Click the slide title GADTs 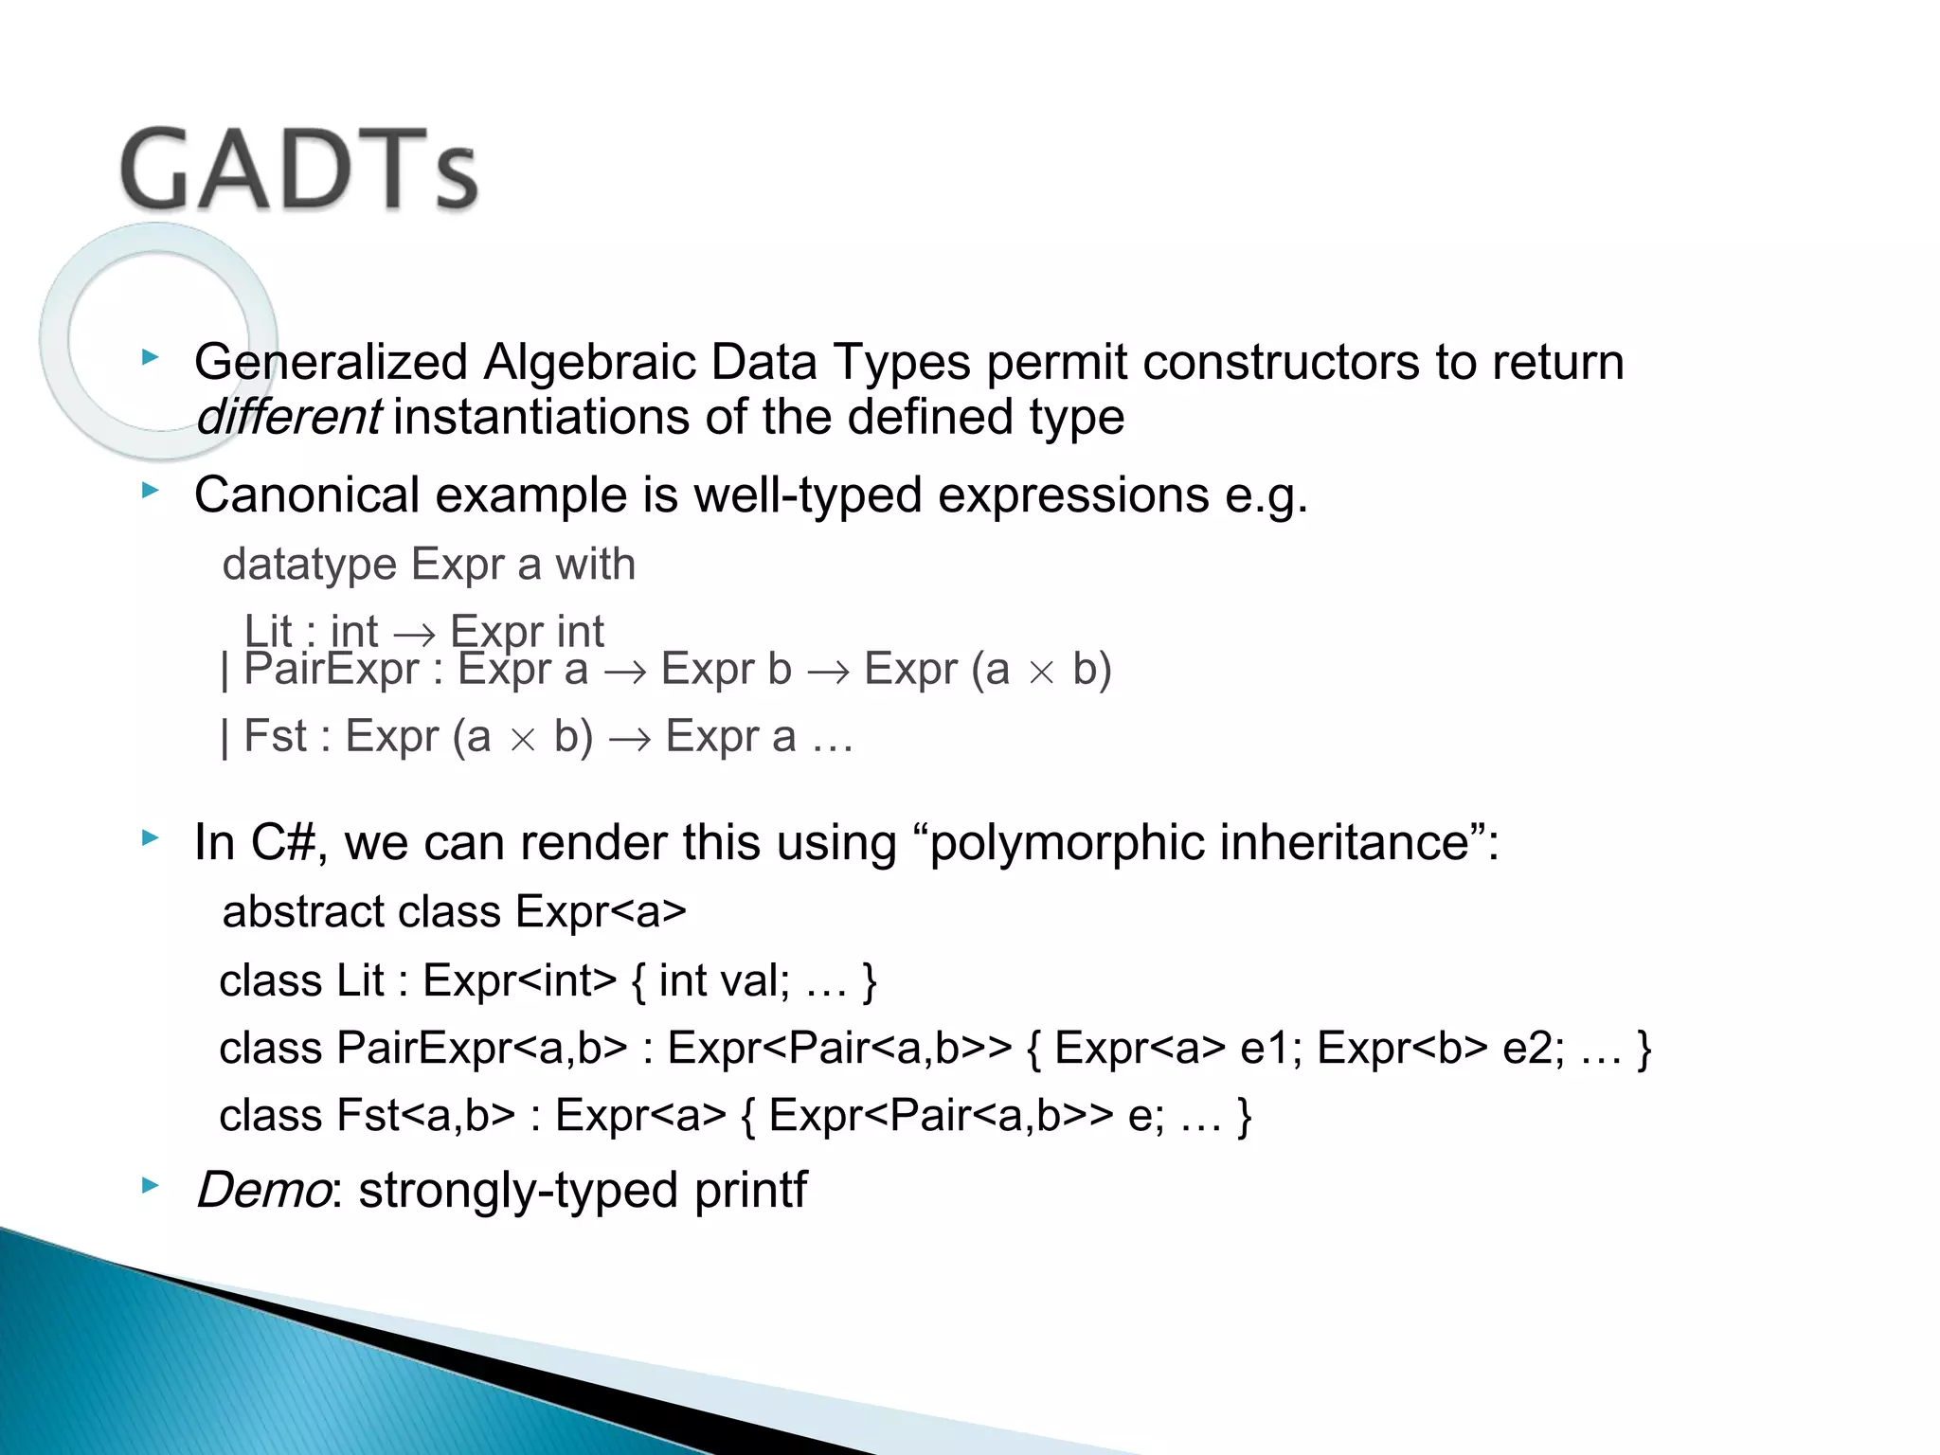(x=299, y=171)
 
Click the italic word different (x=288, y=418)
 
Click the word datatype (x=309, y=566)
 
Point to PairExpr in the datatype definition (x=331, y=670)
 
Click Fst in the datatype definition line (x=275, y=737)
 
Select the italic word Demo (x=262, y=1191)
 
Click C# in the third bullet (x=281, y=842)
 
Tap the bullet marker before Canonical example (x=150, y=491)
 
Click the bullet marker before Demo (x=150, y=1185)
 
